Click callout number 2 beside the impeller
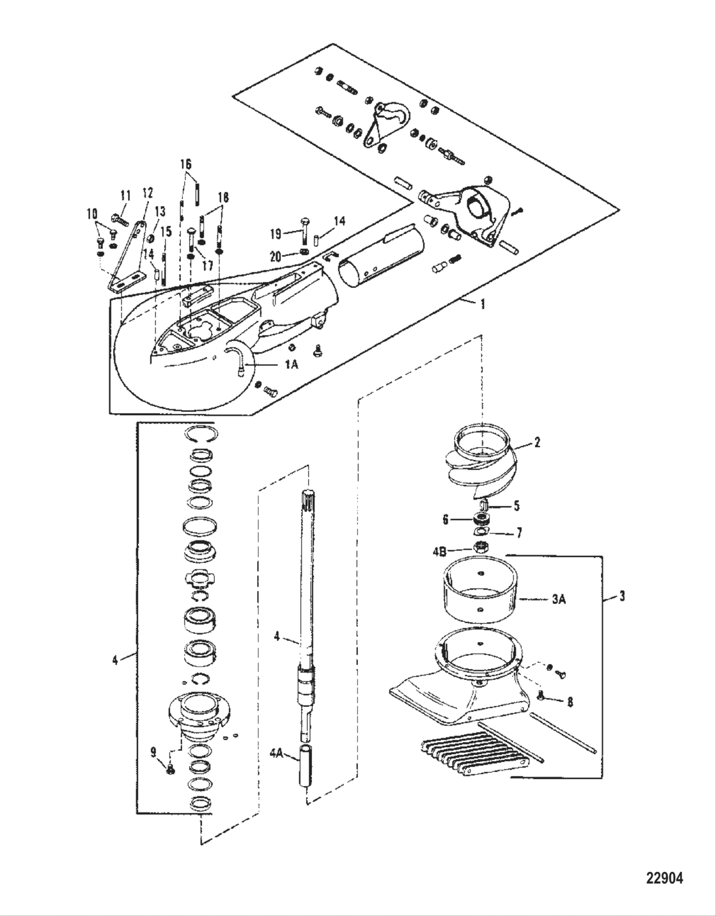tap(537, 442)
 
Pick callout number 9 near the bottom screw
tap(153, 753)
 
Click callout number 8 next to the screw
tap(570, 701)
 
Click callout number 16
tap(185, 164)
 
